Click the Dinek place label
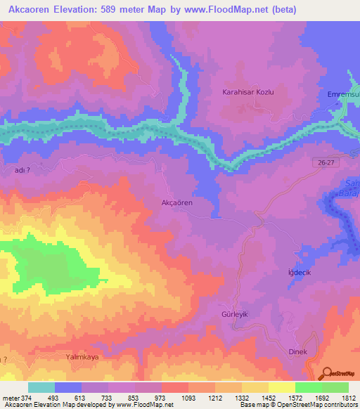point(298,351)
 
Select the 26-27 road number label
point(325,162)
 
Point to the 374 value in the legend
point(22,397)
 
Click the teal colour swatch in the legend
point(41,387)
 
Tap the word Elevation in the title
point(79,10)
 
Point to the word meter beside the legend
point(9,397)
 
